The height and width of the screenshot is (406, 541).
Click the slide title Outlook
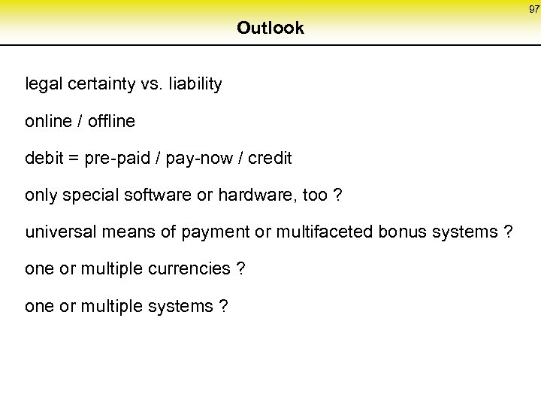coord(270,29)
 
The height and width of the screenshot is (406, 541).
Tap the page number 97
coord(533,9)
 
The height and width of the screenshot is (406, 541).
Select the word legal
coord(43,84)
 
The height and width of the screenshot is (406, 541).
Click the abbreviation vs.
coord(150,84)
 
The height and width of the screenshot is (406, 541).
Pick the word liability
coord(194,84)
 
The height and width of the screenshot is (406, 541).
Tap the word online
coord(48,121)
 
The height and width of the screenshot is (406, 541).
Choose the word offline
coord(110,121)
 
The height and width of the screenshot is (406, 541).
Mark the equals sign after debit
coord(74,159)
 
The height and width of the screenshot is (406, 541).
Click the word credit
coord(269,159)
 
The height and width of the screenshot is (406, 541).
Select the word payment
coord(216,233)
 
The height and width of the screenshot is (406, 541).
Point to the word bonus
coord(402,232)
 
